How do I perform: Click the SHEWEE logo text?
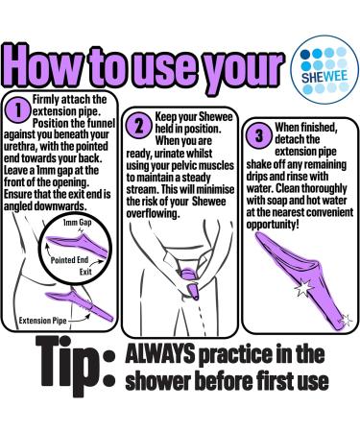[324, 77]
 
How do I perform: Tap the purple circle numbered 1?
[18, 110]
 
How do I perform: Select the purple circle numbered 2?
[139, 126]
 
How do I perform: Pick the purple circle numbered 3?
[259, 135]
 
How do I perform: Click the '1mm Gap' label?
[77, 222]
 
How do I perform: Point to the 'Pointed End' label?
[69, 260]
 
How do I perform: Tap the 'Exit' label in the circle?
[85, 272]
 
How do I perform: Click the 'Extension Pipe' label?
[42, 321]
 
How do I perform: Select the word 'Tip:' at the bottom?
[75, 366]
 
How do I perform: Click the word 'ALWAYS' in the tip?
[160, 353]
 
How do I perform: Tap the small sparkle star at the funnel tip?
[346, 320]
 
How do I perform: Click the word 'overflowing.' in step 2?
[153, 213]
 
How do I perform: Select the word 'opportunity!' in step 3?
[273, 225]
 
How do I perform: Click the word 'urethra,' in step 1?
[20, 147]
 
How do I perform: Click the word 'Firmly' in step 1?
[46, 100]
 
